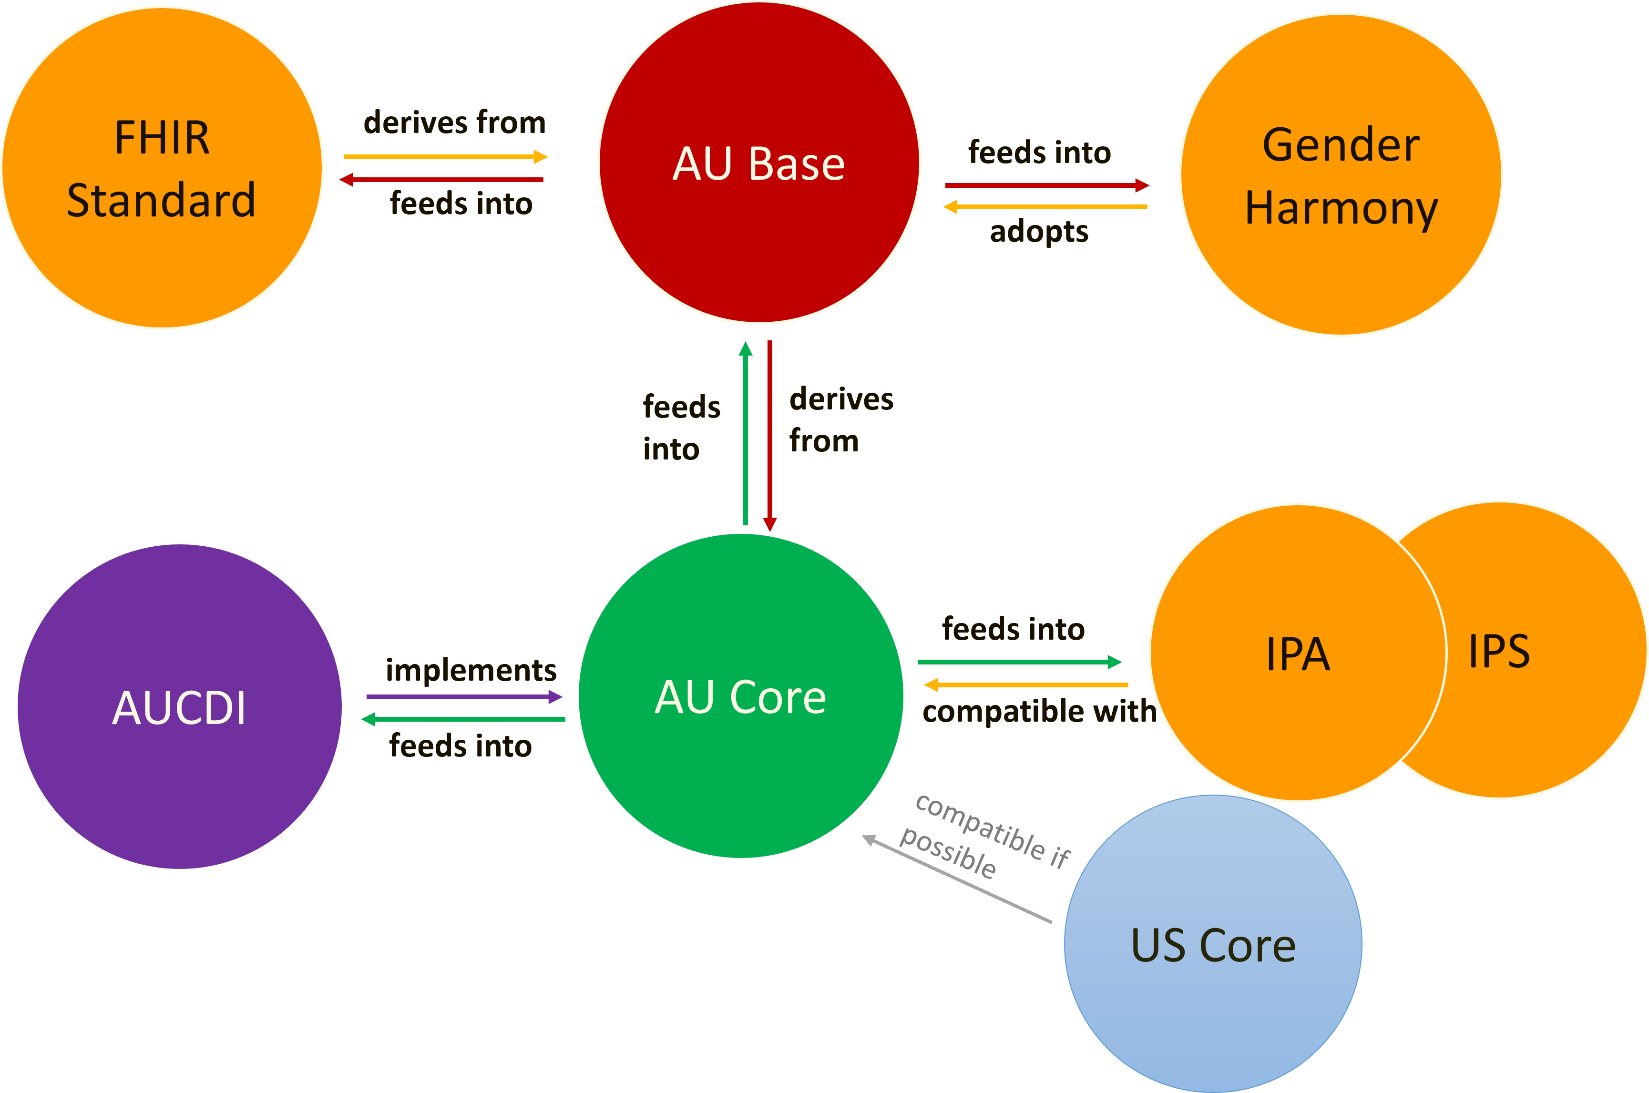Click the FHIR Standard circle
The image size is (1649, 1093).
coord(162,167)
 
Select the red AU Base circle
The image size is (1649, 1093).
coord(759,163)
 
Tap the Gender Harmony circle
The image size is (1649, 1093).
coord(1341,175)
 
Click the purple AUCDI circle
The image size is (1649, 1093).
coord(179,707)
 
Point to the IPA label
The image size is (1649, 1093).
coord(1298,654)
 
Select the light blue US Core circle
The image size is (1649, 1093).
coord(1213,945)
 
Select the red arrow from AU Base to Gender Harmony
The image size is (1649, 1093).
coord(1046,185)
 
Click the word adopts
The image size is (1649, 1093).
coord(1038,232)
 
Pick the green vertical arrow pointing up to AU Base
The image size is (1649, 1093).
coord(746,432)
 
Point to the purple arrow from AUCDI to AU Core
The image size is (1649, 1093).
coord(463,696)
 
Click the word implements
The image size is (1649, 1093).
coord(471,670)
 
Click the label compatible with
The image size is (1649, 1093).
coord(1038,712)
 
